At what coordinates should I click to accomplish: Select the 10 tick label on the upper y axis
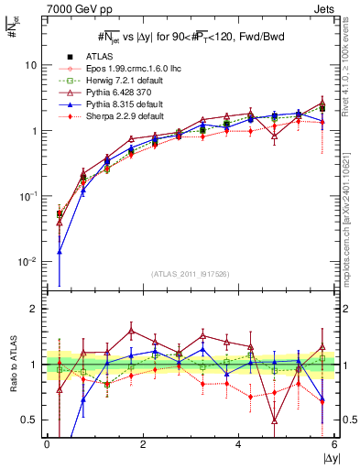(33, 66)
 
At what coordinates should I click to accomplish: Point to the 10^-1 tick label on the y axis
(30, 196)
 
